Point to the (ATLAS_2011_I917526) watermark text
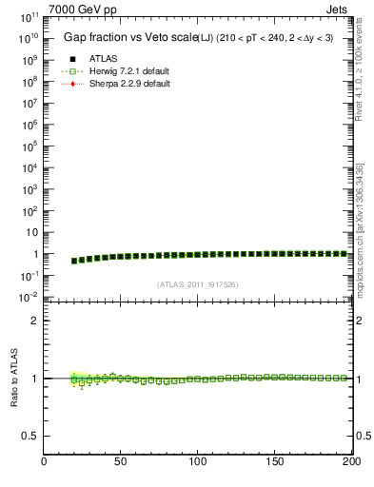[198, 284]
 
